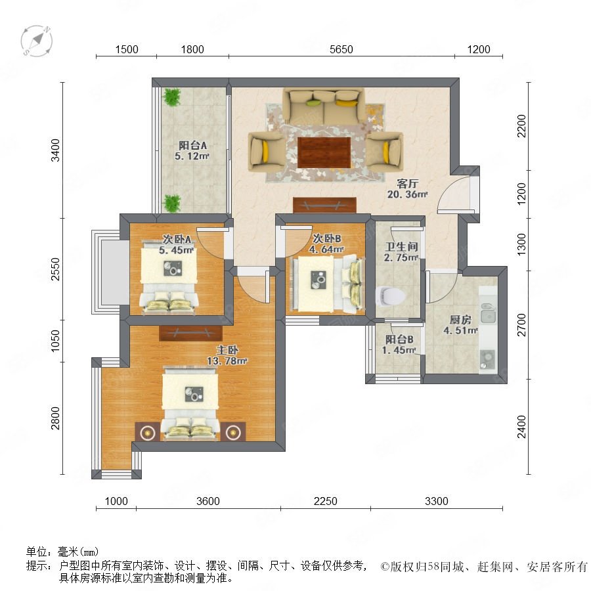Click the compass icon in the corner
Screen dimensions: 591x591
(37, 41)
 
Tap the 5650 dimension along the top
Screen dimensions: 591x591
(341, 49)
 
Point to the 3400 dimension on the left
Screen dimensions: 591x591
(55, 150)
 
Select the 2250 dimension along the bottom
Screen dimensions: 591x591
(326, 501)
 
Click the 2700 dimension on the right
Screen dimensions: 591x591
(521, 324)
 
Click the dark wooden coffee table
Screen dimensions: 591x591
(324, 152)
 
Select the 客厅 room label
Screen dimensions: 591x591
(407, 184)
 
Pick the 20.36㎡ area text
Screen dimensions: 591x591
(407, 194)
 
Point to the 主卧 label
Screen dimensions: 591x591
(227, 350)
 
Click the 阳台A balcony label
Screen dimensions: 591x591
(192, 145)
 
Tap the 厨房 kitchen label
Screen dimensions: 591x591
(460, 320)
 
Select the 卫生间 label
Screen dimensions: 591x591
(401, 246)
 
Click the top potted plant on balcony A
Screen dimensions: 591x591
(172, 97)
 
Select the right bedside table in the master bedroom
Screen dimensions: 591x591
(233, 432)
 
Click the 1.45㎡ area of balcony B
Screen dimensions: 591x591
(399, 350)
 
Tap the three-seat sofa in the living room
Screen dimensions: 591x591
(324, 106)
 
